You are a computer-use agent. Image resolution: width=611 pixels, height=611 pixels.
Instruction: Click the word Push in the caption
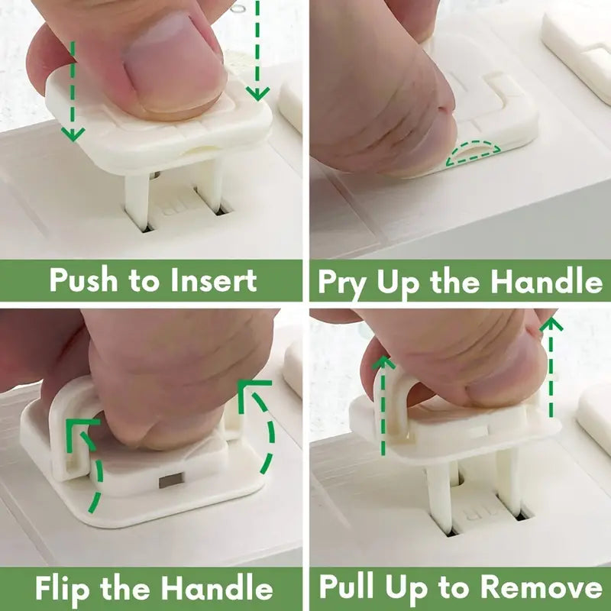click(83, 280)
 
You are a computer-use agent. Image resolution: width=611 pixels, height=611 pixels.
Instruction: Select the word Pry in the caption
click(341, 283)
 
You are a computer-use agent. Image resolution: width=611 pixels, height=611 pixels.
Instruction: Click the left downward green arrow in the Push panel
click(73, 92)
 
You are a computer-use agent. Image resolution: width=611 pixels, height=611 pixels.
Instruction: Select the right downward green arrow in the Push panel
click(258, 53)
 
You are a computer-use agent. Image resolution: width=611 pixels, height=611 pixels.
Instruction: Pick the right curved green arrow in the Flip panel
click(260, 428)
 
